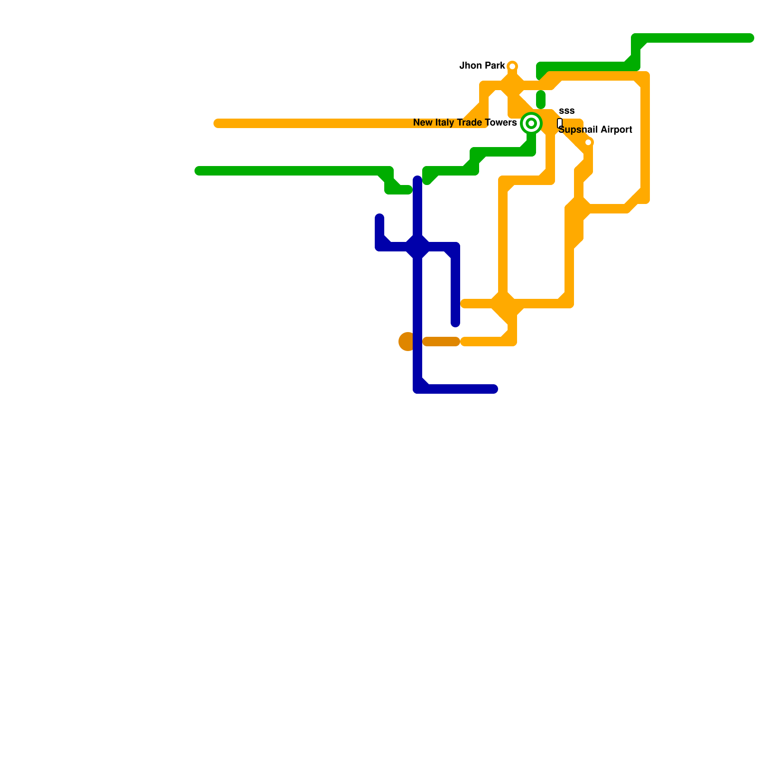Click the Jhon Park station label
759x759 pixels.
(x=482, y=66)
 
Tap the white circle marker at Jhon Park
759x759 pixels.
(x=512, y=66)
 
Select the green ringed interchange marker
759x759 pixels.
(x=531, y=123)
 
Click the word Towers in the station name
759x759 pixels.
(x=502, y=123)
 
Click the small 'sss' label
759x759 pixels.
(x=566, y=111)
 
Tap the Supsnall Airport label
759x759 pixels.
(x=595, y=130)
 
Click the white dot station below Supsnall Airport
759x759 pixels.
(x=588, y=142)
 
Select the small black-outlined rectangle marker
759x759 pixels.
(x=560, y=123)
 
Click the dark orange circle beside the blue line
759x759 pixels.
(x=407, y=342)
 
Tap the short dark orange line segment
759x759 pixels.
(x=441, y=342)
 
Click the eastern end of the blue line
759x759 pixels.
(x=494, y=389)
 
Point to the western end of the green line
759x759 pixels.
(x=199, y=171)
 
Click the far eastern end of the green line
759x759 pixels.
(x=750, y=38)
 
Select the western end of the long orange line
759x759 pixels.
(x=218, y=123)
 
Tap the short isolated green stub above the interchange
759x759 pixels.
(x=541, y=100)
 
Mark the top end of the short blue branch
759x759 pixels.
(x=379, y=218)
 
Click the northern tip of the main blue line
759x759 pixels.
(x=417, y=180)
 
